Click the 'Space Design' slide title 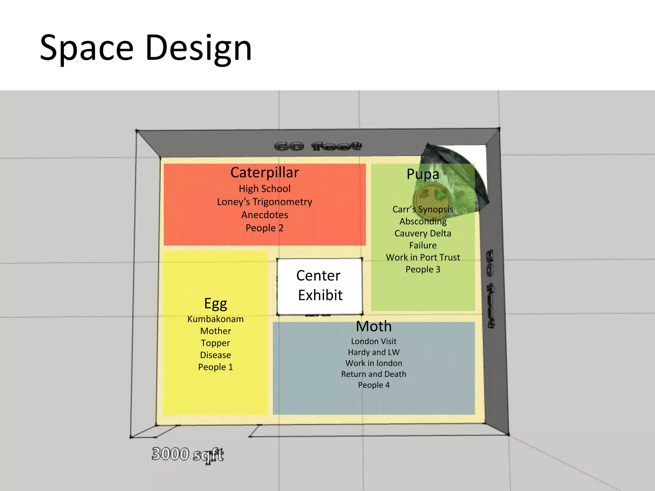[x=146, y=48]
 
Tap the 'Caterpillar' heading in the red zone [x=264, y=173]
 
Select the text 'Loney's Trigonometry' [x=264, y=202]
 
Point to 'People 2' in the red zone [x=264, y=228]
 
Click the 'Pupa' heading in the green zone [x=423, y=174]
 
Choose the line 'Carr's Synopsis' [x=423, y=209]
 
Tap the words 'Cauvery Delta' [x=423, y=233]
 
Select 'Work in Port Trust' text [x=423, y=257]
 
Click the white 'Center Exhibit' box [x=320, y=285]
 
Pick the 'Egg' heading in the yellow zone [x=216, y=303]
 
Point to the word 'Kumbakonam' [x=216, y=319]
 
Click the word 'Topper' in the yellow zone [x=216, y=343]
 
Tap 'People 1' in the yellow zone [x=216, y=367]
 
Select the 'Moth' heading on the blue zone [x=374, y=326]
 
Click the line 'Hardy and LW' [x=374, y=352]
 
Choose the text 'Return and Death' [x=374, y=374]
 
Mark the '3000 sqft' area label [x=188, y=455]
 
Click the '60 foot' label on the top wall [x=318, y=146]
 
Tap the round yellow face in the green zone [x=432, y=198]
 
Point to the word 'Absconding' [x=423, y=221]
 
